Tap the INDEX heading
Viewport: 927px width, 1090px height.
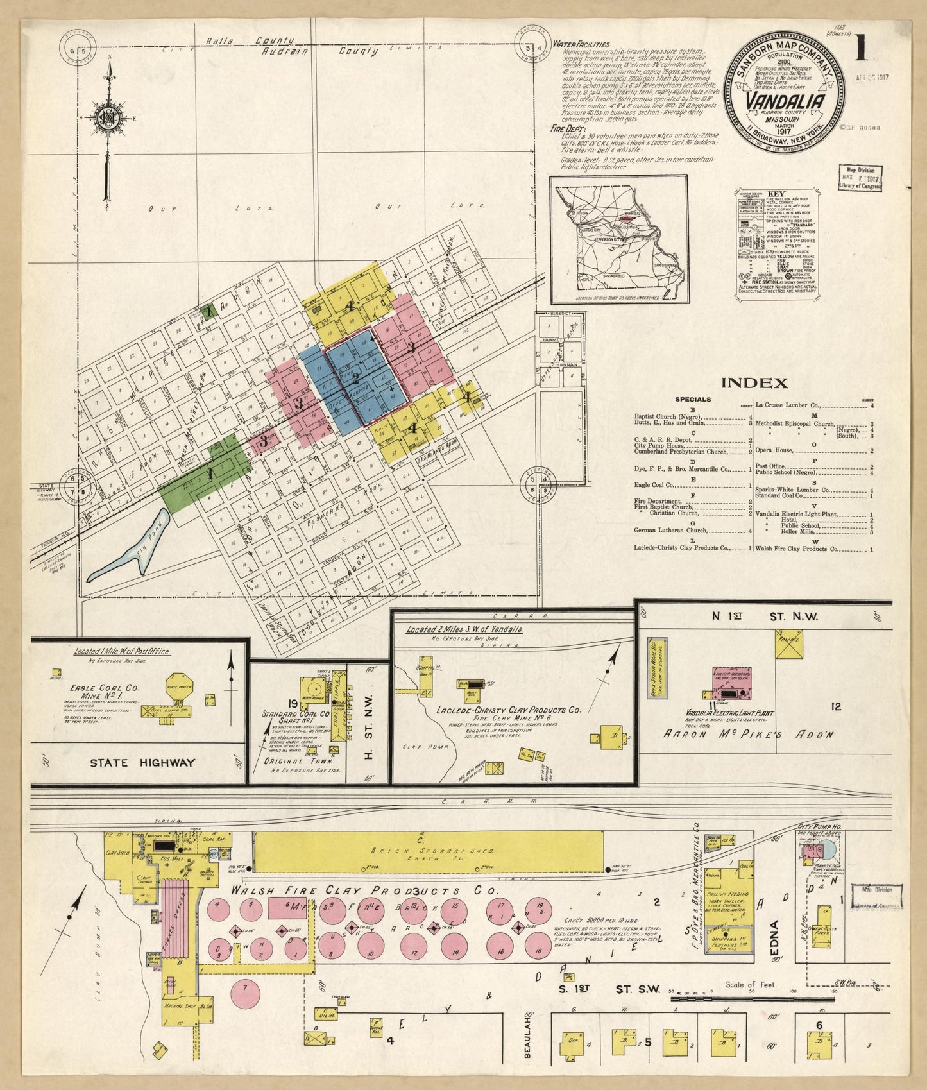pos(754,383)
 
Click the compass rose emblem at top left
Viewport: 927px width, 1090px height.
pos(107,118)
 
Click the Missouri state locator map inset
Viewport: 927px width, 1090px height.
pos(619,239)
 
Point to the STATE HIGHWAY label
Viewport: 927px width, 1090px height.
pos(142,763)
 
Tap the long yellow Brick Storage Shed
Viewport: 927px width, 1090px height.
pos(428,851)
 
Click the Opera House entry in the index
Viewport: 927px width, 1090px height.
pos(775,450)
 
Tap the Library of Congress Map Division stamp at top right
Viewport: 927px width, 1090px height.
pos(860,178)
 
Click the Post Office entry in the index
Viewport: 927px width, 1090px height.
pos(772,466)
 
